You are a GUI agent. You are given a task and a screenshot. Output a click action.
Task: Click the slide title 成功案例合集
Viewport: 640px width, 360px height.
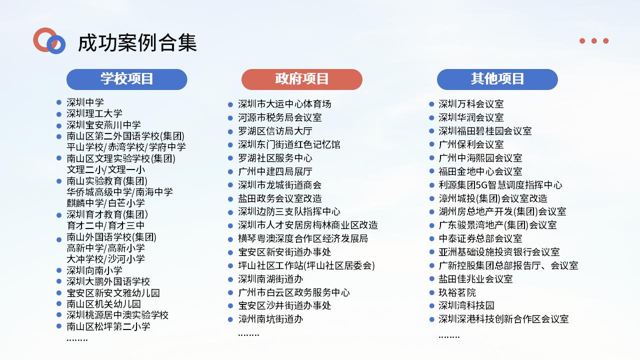137,43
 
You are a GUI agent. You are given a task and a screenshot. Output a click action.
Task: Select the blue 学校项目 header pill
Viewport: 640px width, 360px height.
127,79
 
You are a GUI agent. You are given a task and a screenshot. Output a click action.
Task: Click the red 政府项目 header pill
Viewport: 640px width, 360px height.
301,79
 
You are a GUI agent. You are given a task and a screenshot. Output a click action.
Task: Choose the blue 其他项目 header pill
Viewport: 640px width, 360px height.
497,79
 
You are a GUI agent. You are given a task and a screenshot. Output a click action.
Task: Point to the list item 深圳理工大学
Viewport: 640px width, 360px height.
94,113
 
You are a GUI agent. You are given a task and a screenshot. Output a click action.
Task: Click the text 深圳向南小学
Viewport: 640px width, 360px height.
94,270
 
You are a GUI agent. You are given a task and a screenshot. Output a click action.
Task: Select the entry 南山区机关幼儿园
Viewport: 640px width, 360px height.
103,304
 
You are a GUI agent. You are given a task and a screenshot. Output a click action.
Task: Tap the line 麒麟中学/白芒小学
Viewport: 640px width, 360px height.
105,203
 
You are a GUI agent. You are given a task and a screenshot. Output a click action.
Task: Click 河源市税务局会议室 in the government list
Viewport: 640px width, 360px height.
279,117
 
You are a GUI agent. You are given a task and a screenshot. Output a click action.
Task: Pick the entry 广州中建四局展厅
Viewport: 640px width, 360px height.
275,171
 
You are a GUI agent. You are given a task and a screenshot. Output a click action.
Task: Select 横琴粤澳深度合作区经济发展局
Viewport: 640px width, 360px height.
303,238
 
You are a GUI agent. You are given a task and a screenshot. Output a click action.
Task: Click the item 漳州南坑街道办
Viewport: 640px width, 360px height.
270,319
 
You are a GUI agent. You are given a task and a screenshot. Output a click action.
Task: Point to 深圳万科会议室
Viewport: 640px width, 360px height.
471,104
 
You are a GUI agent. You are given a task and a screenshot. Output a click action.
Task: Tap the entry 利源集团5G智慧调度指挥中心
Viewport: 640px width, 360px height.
500,185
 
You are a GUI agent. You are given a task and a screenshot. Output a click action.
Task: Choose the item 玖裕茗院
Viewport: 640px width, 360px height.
457,292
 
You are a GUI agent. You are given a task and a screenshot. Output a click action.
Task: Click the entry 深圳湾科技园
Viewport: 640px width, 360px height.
466,305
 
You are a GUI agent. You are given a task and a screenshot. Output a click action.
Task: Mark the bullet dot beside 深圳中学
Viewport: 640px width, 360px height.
59,102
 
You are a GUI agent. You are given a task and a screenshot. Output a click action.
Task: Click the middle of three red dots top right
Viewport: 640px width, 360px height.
594,41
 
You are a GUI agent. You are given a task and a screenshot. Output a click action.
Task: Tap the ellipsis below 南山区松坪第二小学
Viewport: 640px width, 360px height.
77,340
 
